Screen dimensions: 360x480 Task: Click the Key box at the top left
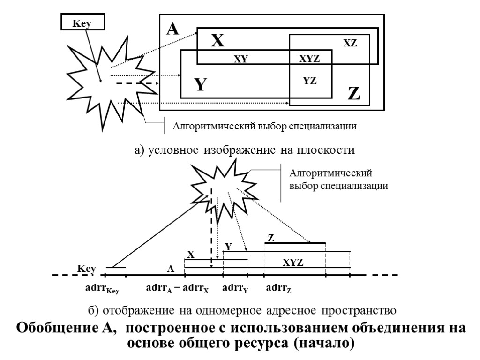click(82, 22)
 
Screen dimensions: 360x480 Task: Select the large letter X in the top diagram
click(217, 41)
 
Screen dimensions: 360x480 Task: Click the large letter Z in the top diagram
click(354, 94)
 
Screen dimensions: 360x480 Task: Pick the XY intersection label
click(240, 59)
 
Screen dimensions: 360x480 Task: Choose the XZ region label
click(350, 43)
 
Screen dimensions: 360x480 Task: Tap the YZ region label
click(310, 80)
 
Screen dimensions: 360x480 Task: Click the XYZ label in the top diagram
click(309, 59)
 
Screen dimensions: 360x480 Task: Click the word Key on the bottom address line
click(87, 269)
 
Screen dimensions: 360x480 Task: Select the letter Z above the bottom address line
click(270, 238)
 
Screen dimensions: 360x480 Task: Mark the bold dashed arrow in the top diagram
click(136, 83)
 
